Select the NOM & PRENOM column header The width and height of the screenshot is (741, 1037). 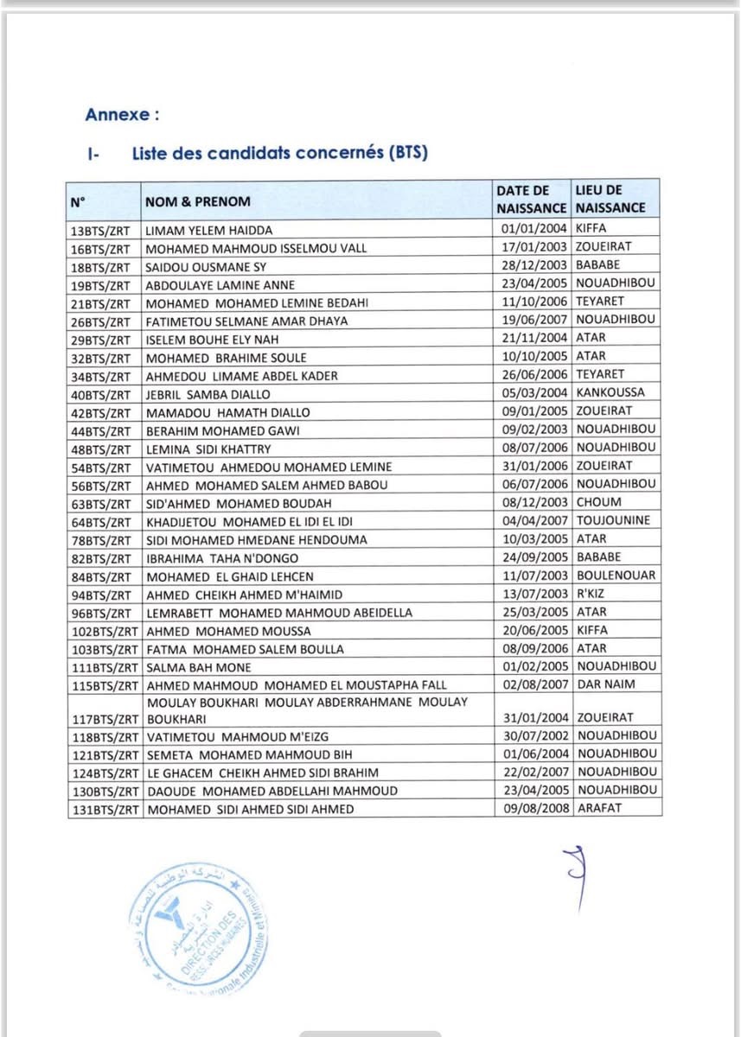[197, 201]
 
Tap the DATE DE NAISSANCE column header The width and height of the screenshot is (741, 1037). [531, 199]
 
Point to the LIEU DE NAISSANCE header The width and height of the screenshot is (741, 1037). [610, 199]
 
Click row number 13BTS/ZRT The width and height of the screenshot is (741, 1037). [100, 230]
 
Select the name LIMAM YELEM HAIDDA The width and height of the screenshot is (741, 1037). [208, 230]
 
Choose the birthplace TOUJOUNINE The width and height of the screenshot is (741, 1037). [613, 520]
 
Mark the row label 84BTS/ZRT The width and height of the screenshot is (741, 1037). [100, 576]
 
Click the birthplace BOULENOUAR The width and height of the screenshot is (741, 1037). [616, 575]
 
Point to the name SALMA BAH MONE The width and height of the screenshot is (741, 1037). [198, 667]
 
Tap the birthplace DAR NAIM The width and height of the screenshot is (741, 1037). [605, 684]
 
